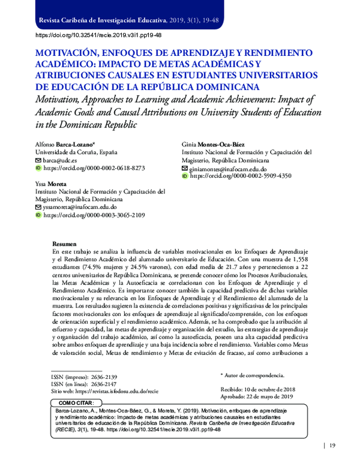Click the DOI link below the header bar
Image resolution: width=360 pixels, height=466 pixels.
coord(99,35)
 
